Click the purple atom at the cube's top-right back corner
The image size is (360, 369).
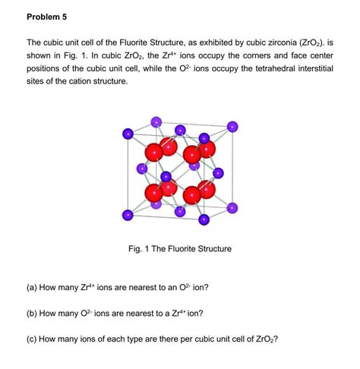(x=232, y=125)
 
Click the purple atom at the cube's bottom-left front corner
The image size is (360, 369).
(x=128, y=216)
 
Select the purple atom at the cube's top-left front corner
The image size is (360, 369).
(x=128, y=134)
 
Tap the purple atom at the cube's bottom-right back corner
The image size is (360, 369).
(x=232, y=206)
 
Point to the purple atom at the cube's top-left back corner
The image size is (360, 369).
(x=156, y=121)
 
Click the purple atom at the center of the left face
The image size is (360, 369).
(x=142, y=168)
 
